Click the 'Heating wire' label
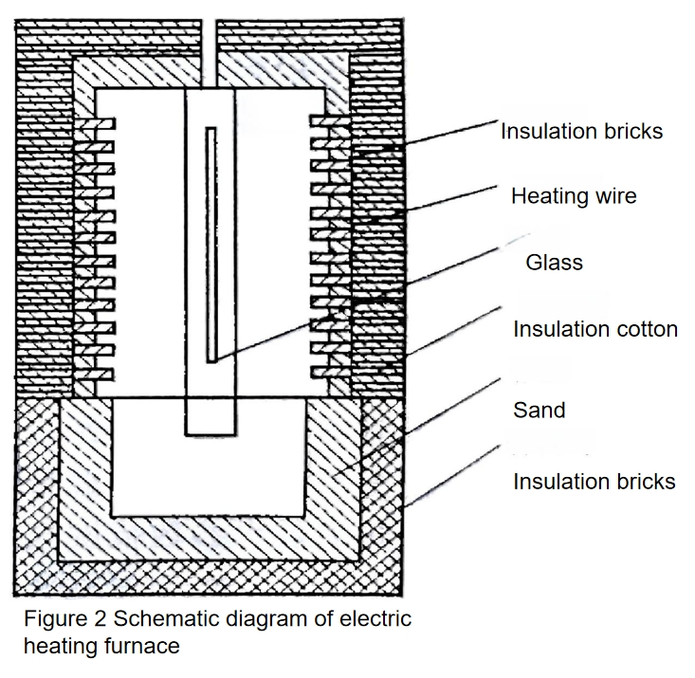pyautogui.click(x=574, y=196)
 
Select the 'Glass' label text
pyautogui.click(x=554, y=262)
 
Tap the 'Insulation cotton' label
pyautogui.click(x=595, y=329)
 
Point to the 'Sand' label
pyautogui.click(x=539, y=410)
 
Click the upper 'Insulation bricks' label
pyautogui.click(x=581, y=131)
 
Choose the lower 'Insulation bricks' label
pyautogui.click(x=594, y=482)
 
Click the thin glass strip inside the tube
pyautogui.click(x=211, y=246)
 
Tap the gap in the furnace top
pyautogui.click(x=209, y=53)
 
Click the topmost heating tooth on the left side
pyautogui.click(x=95, y=123)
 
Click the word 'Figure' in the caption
pyautogui.click(x=56, y=619)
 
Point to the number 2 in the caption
pyautogui.click(x=101, y=618)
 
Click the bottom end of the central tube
pyautogui.click(x=210, y=435)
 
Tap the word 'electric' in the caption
pyautogui.click(x=375, y=618)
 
